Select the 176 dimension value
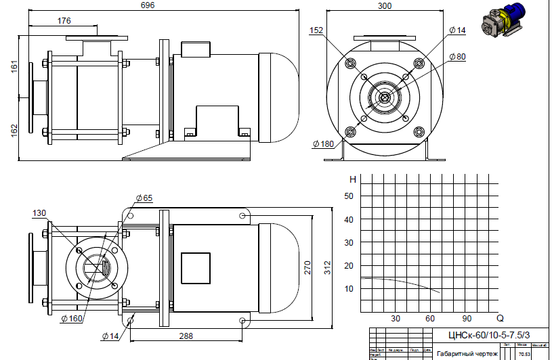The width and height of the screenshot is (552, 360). [64, 21]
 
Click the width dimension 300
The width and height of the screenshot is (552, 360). [385, 5]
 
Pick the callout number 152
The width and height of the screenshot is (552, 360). [316, 30]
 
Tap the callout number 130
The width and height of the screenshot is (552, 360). [39, 213]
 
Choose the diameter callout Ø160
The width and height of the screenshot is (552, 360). [72, 318]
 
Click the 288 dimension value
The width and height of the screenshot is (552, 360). [187, 335]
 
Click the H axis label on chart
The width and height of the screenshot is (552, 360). [352, 180]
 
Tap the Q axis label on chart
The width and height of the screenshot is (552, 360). [500, 318]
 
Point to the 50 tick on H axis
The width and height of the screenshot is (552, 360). [349, 196]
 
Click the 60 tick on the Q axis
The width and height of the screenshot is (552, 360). [431, 318]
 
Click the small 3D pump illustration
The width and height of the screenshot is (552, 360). [505, 20]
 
